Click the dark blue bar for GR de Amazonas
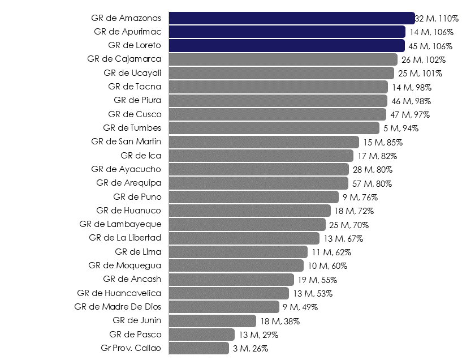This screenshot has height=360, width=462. [292, 18]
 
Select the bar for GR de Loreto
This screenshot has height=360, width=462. [287, 45]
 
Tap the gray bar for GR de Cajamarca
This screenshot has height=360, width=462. [283, 59]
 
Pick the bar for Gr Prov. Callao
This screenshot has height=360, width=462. [198, 348]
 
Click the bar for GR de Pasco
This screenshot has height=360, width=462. [201, 335]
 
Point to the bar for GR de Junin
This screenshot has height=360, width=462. [212, 321]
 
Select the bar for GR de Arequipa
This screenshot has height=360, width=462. [258, 183]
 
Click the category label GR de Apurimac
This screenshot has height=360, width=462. [127, 32]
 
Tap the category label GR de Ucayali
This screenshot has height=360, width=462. [132, 73]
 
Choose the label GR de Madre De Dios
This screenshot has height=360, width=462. [118, 307]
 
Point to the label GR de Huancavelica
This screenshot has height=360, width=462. [119, 293]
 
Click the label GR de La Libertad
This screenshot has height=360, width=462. [125, 238]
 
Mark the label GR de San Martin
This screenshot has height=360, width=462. [126, 142]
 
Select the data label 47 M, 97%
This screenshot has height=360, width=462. [410, 114]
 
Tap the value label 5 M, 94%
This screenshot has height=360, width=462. [401, 128]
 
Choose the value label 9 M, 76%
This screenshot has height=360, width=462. [360, 197]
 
